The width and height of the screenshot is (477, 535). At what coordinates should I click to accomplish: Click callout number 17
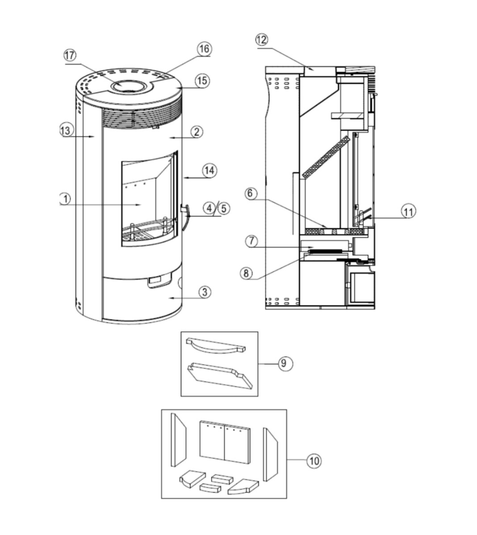click(x=70, y=55)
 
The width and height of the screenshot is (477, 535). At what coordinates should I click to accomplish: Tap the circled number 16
click(x=204, y=49)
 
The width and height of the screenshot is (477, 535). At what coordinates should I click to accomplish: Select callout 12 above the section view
click(x=262, y=40)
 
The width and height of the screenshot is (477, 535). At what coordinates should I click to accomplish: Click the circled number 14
click(x=209, y=171)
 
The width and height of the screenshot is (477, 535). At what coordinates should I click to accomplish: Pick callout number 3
click(x=205, y=292)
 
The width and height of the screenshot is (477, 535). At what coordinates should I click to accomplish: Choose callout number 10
click(x=314, y=461)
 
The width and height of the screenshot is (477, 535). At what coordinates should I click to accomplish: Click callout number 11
click(x=409, y=211)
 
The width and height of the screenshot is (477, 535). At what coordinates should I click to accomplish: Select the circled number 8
click(x=246, y=273)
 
